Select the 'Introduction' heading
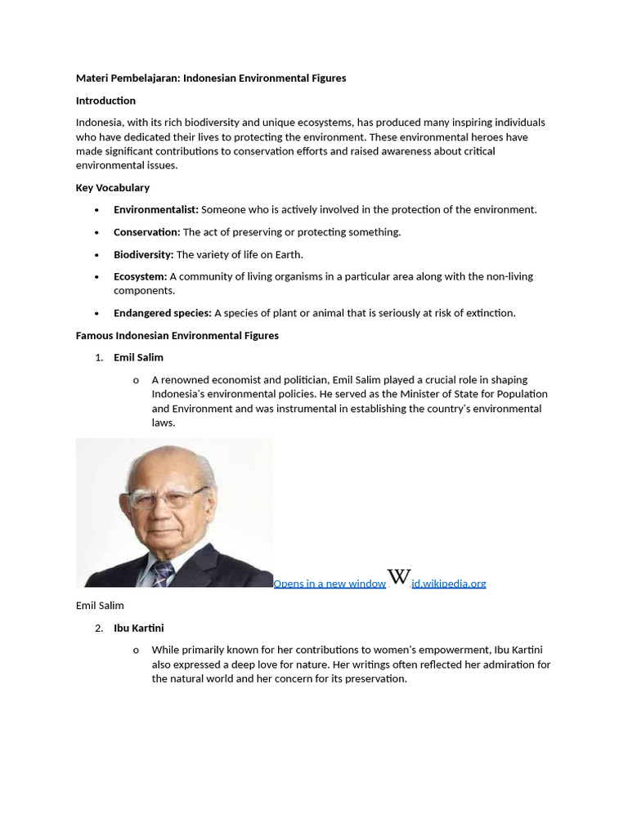coord(105,101)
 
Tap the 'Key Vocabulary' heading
coord(113,188)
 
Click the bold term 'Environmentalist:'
coord(156,210)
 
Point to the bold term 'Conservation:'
coord(147,232)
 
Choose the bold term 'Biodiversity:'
coord(144,255)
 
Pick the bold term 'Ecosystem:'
coord(141,277)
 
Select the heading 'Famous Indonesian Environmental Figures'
coord(177,336)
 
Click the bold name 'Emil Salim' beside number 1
coord(138,358)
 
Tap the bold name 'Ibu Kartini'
coord(139,629)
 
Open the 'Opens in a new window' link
coord(330,584)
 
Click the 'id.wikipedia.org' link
coord(449,584)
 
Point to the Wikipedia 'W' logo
coord(398,576)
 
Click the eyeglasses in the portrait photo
coord(168,498)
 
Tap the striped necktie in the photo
coord(162,574)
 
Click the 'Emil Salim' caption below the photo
coord(100,606)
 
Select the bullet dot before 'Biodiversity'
coord(96,255)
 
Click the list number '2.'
coord(99,629)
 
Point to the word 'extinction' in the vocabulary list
coord(490,313)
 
